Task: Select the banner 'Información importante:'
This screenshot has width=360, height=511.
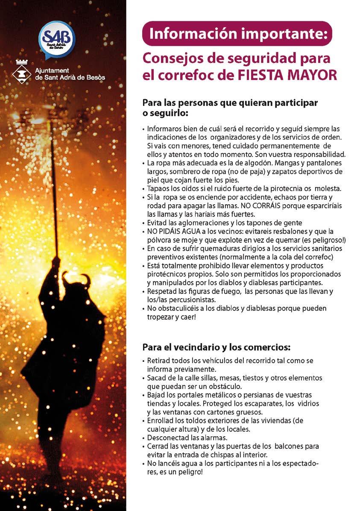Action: click(237, 33)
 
